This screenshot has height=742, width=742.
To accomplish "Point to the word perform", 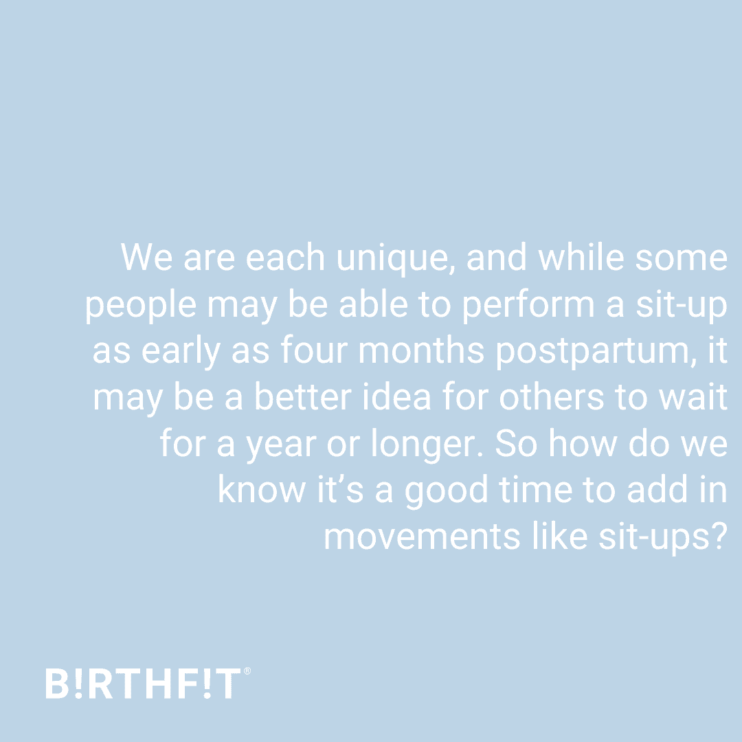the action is point(528,305).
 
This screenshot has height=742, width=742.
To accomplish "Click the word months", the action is point(421,350).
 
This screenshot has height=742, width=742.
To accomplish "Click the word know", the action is point(262,490).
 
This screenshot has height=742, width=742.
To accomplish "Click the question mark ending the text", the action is point(719,536).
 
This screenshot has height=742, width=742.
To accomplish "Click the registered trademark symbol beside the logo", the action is point(247,671).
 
